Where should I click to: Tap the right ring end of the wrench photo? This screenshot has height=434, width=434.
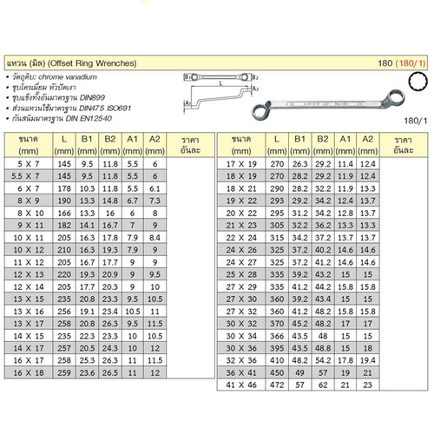[x=396, y=95]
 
